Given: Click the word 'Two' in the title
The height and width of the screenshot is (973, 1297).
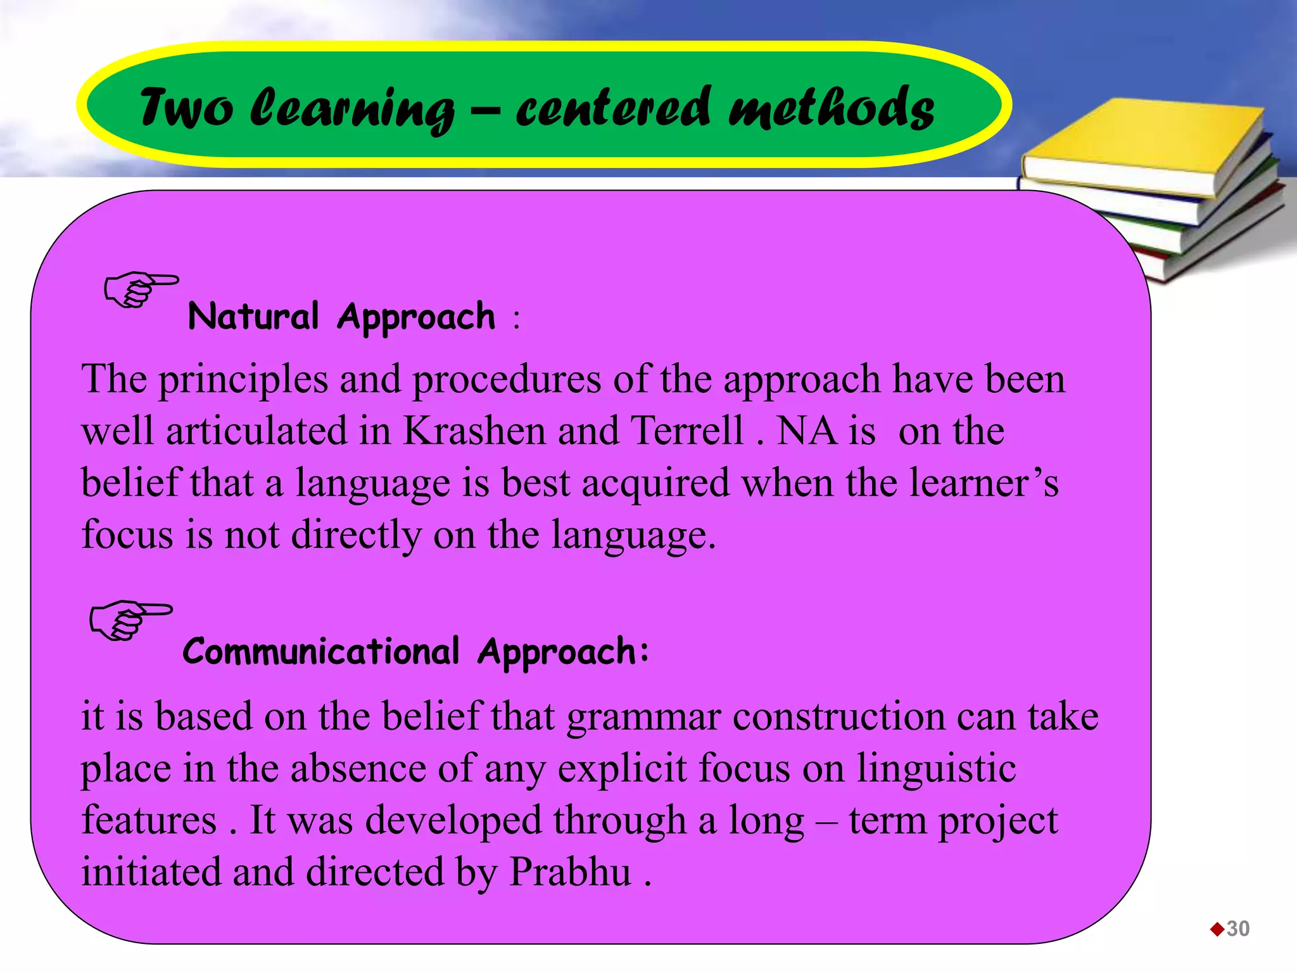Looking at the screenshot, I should pos(186,108).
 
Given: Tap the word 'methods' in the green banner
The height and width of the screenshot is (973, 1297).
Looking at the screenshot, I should pos(831,108).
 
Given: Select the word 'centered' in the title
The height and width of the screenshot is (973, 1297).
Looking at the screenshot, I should pos(613,108).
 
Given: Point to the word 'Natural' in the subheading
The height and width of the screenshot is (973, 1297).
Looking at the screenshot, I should pos(253,316).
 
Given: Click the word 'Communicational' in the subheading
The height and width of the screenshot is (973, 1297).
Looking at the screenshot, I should pos(320,651).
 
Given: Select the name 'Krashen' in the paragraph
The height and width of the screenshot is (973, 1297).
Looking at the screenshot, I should pos(474,431).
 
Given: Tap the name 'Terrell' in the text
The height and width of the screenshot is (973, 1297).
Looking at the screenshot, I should pos(687,431).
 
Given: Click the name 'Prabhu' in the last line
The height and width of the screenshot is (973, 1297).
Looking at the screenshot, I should pos(570,872).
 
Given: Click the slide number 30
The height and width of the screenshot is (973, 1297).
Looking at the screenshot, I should pos(1238,929).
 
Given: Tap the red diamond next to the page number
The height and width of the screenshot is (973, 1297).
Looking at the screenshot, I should pos(1217,929).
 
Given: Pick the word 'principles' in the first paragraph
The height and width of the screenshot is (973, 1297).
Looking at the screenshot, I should pos(243,380).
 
